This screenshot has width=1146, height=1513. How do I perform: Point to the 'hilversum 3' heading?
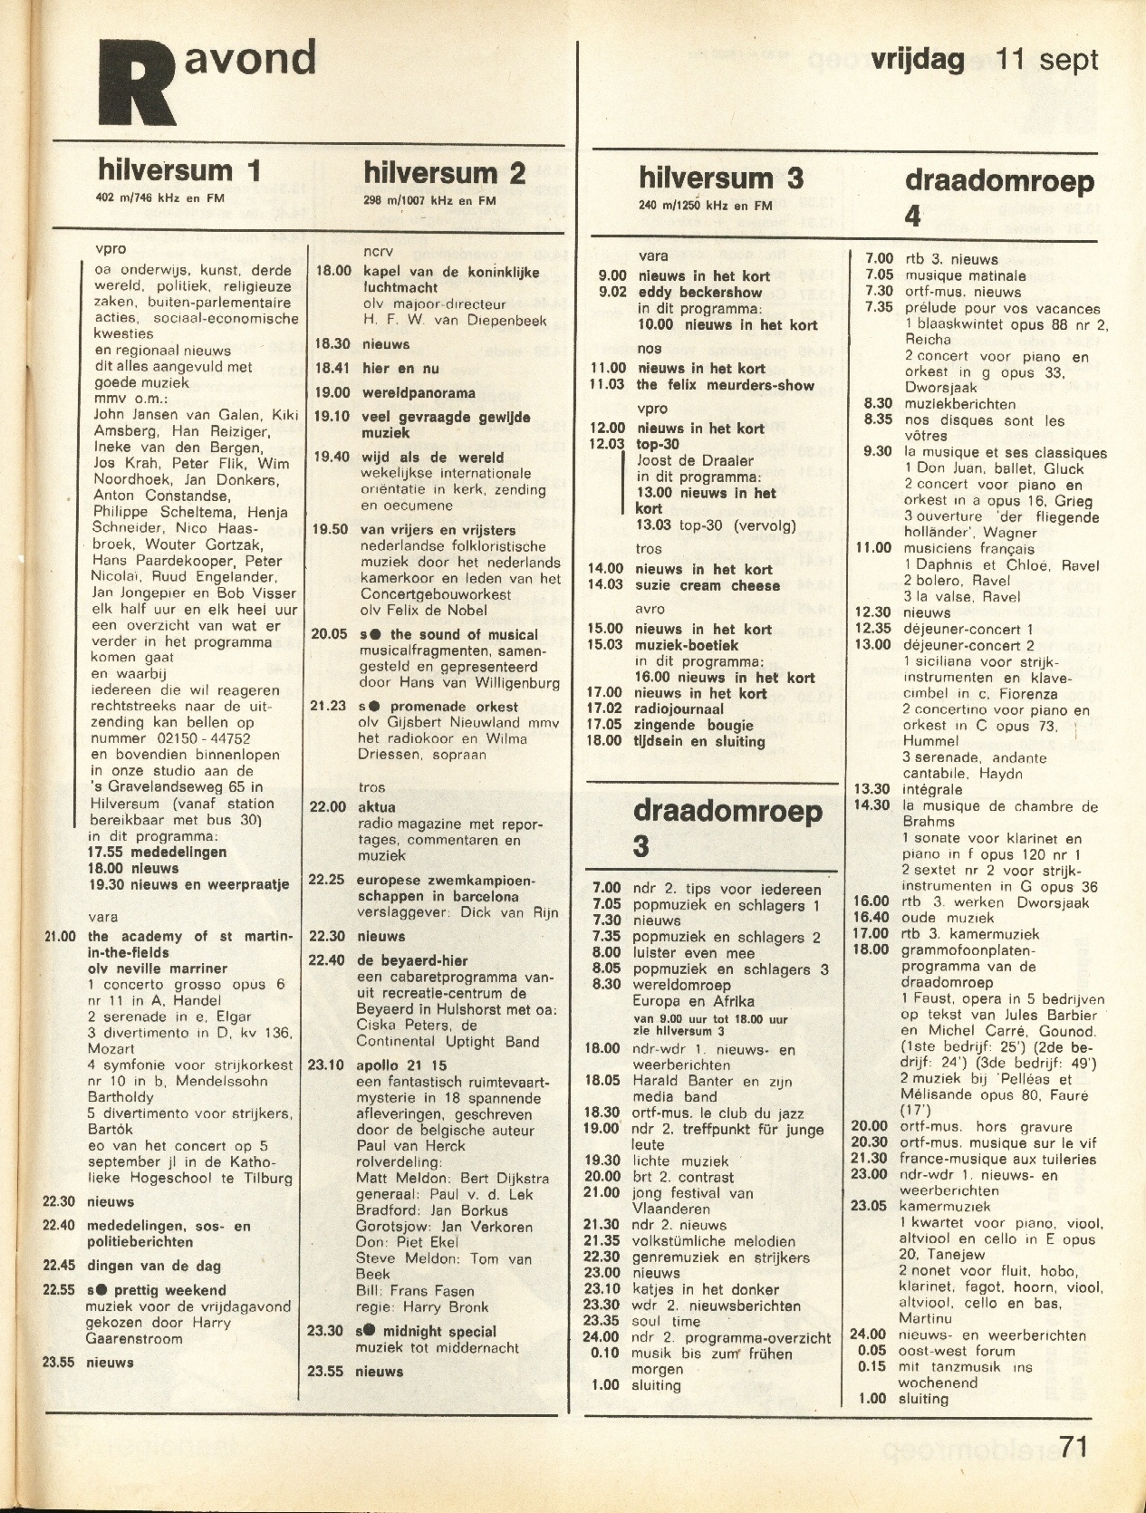click(x=720, y=178)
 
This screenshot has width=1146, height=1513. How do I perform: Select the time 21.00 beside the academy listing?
click(x=62, y=937)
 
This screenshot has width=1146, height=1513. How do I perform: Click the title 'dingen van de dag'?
click(x=154, y=1266)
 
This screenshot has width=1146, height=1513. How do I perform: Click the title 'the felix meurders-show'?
click(x=725, y=385)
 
